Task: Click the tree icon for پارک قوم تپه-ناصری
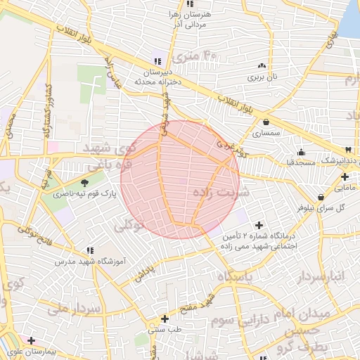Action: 85,183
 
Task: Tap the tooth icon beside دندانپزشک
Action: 348,150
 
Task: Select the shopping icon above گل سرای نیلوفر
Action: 321,197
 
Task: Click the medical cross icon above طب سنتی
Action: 165,319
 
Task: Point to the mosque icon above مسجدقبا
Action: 302,152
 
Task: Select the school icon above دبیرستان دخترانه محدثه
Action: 158,61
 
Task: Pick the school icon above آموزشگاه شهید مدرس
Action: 89,250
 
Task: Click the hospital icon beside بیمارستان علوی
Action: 31,340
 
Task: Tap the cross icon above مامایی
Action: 345,177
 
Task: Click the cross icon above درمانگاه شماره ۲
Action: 259,225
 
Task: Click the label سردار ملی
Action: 77,309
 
